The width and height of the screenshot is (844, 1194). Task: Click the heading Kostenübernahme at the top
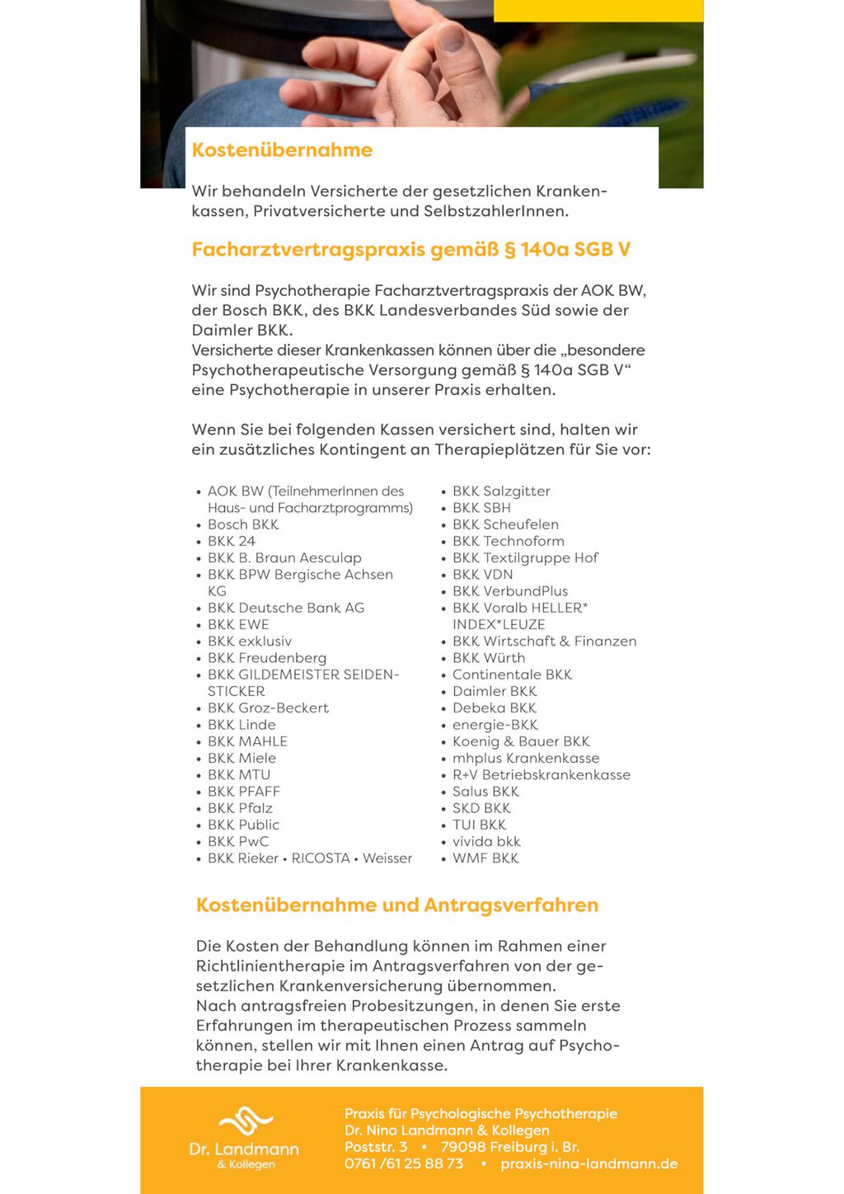[282, 150]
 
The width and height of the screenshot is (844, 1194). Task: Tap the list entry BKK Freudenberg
[267, 658]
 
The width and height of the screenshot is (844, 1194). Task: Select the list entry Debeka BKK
[495, 708]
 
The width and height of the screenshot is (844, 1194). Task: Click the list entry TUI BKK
[480, 825]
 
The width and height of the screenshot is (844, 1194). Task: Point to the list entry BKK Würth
[489, 658]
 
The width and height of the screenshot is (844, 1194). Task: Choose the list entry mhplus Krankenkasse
[526, 758]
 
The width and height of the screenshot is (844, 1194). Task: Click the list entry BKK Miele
[242, 758]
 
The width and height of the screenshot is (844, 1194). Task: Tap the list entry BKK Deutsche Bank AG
[286, 608]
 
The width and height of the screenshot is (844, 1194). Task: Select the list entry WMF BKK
[485, 858]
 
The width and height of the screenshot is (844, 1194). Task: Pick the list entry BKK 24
[232, 541]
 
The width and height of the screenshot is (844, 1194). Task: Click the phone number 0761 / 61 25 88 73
[404, 1163]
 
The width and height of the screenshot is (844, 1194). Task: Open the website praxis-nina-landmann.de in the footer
[588, 1163]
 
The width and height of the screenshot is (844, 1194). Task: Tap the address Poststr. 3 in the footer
[376, 1147]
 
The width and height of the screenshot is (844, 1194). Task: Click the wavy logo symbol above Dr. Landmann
[245, 1121]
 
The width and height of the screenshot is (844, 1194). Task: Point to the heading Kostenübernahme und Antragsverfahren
[397, 905]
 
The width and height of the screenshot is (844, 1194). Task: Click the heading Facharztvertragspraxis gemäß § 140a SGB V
[410, 249]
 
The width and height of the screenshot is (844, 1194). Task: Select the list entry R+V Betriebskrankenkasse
[542, 775]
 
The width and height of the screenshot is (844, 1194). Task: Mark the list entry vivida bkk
[486, 842]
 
